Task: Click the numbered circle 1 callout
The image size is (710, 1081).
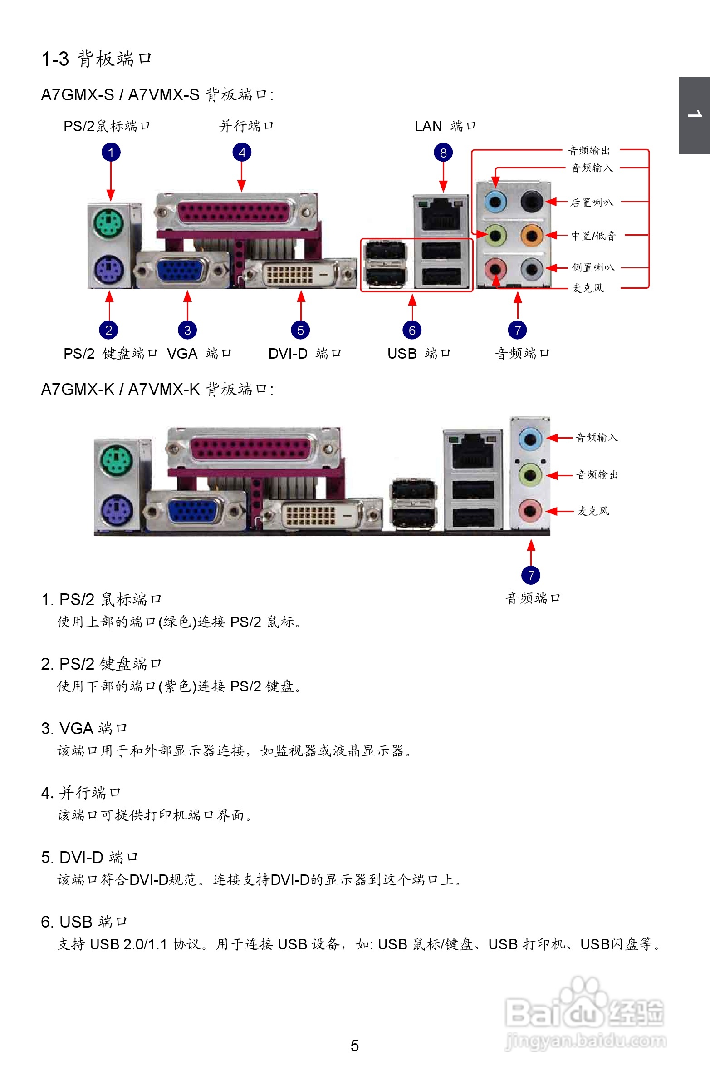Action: point(111,153)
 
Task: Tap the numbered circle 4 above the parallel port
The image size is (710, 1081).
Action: point(242,153)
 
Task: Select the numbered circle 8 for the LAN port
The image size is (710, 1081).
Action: point(443,153)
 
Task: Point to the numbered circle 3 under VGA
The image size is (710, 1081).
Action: point(187,330)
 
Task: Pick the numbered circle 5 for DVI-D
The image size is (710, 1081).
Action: point(300,330)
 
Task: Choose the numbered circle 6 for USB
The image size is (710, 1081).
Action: point(412,330)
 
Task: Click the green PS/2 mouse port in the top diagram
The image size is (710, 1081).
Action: point(109,222)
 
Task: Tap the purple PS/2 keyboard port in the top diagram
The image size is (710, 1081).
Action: point(109,269)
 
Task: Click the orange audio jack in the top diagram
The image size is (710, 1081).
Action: point(531,235)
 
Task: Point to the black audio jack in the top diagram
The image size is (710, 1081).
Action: point(531,200)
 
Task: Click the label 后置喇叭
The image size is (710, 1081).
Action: point(592,202)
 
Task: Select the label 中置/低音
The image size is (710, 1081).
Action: point(593,236)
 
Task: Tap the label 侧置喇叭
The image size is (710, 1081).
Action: point(593,267)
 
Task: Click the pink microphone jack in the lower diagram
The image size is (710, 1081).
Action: point(530,511)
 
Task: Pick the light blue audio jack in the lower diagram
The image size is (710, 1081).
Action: point(530,439)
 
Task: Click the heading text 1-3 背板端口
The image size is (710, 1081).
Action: point(97,59)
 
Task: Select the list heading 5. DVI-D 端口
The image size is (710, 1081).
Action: point(89,857)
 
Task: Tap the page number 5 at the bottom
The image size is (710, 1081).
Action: point(354,1046)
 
